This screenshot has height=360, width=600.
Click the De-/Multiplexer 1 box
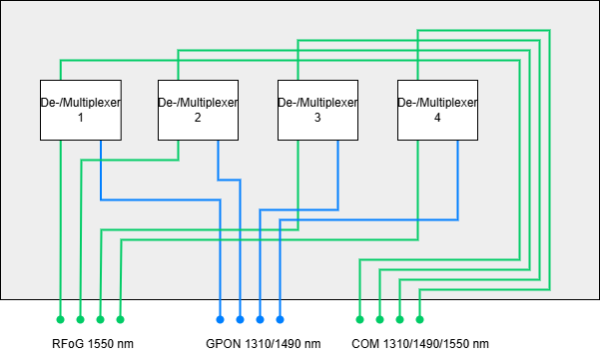point(80,110)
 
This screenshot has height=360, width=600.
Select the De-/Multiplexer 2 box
point(199,110)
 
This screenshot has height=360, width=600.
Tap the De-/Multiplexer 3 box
point(318,110)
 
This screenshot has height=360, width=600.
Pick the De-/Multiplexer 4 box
point(438,110)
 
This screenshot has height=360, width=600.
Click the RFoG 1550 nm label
point(93,344)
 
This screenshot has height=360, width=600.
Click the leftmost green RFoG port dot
point(60,320)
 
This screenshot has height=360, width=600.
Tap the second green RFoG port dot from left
point(80,320)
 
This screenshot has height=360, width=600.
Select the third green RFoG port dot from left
point(100,320)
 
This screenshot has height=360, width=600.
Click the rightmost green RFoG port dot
point(120,320)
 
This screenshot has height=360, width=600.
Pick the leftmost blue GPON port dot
point(220,320)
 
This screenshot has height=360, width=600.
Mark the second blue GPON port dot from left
point(240,320)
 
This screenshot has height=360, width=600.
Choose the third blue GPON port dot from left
point(260,320)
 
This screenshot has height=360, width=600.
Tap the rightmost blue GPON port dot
point(280,320)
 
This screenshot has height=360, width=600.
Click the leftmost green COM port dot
point(360,320)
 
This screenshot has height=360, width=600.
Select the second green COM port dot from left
point(380,320)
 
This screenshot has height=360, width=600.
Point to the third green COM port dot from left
point(400,320)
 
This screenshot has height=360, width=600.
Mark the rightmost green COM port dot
point(420,320)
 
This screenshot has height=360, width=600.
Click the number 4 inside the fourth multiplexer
point(437,118)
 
